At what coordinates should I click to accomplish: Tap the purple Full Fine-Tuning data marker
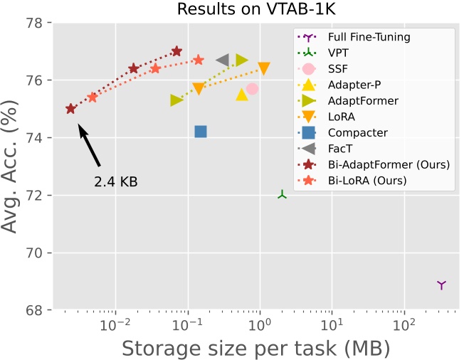pyautogui.click(x=441, y=285)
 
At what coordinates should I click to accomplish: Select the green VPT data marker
pyautogui.click(x=283, y=194)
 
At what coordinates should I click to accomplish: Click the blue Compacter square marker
pyautogui.click(x=201, y=132)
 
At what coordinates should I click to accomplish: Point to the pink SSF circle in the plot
pyautogui.click(x=252, y=89)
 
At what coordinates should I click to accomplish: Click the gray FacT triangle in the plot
pyautogui.click(x=222, y=60)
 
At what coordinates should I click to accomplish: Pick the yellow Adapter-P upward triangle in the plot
pyautogui.click(x=242, y=95)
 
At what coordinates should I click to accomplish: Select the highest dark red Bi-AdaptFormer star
pyautogui.click(x=176, y=52)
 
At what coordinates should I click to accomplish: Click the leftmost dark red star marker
pyautogui.click(x=70, y=109)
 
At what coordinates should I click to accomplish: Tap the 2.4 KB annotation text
pyautogui.click(x=115, y=182)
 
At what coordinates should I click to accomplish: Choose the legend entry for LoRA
pyautogui.click(x=342, y=117)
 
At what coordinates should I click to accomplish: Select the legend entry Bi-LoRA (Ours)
pyautogui.click(x=367, y=180)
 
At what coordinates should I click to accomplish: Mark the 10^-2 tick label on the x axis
pyautogui.click(x=114, y=326)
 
